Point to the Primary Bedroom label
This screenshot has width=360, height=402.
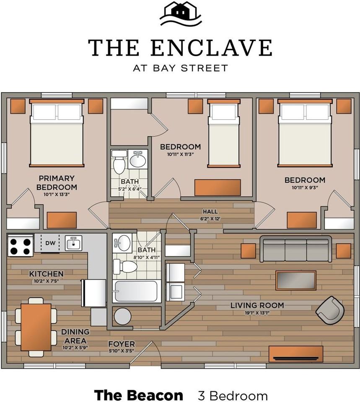56,183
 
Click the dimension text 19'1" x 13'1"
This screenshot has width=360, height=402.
257,313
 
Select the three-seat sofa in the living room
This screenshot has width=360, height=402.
296,249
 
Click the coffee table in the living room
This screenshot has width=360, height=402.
296,280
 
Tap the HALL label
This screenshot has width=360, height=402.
210,211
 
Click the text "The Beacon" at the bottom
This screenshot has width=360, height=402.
138,395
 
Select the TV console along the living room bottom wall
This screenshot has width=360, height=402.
295,354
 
